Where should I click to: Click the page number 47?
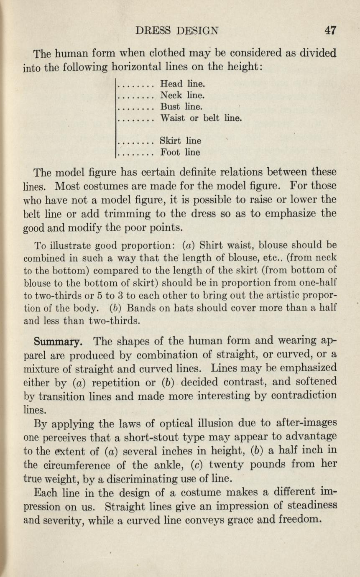[x=330, y=30]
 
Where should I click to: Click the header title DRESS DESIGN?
[x=177, y=31]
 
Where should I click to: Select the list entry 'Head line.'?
[x=183, y=84]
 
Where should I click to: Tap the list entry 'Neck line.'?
[x=183, y=95]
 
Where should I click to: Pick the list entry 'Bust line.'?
[x=181, y=107]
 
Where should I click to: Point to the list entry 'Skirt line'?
[x=181, y=141]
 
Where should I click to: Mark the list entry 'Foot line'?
[x=180, y=153]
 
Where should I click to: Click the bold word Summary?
[x=58, y=342]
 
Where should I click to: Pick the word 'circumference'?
[x=84, y=465]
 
